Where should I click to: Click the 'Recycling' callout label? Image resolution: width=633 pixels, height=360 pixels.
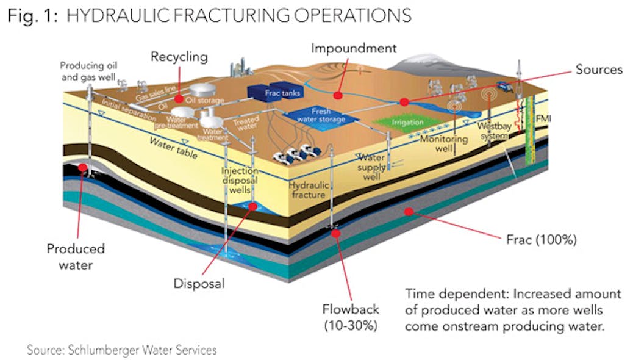[x=179, y=57]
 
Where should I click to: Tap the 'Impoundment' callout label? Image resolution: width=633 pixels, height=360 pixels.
[x=354, y=48]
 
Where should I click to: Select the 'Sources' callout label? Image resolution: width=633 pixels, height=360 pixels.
[x=599, y=69]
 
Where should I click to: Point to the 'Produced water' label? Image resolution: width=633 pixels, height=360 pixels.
[x=76, y=256]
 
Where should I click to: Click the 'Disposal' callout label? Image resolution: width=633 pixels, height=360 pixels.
[x=199, y=284]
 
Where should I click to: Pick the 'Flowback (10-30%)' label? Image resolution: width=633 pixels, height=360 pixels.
[x=351, y=317]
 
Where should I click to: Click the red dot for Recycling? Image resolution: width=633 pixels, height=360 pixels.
[x=178, y=98]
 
